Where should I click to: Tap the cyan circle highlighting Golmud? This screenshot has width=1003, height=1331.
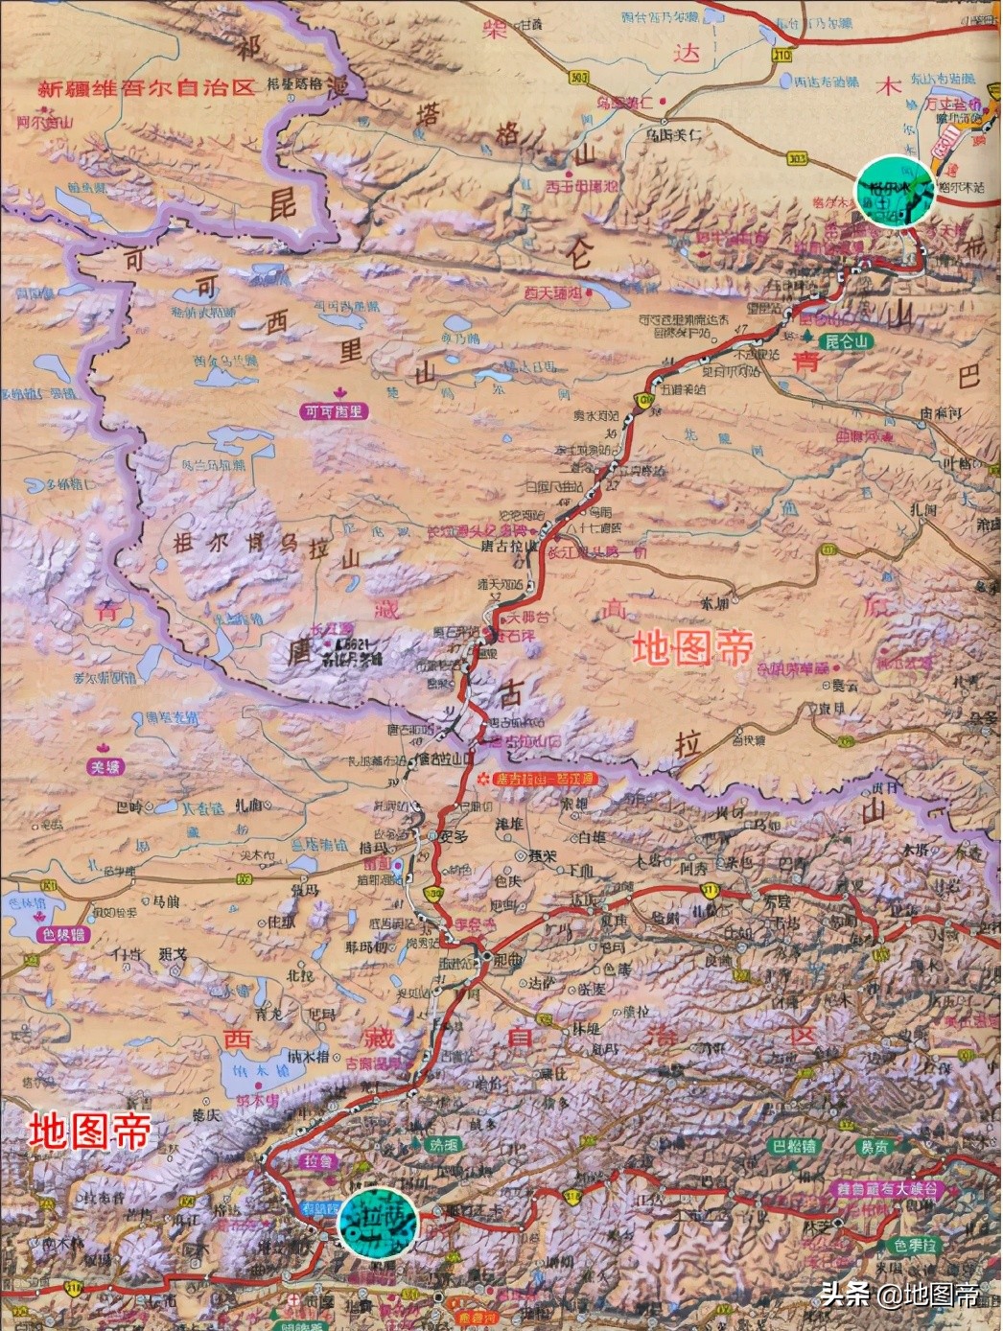(895, 190)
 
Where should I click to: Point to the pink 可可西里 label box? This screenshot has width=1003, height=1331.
(334, 411)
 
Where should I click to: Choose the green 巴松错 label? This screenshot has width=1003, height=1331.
(795, 1146)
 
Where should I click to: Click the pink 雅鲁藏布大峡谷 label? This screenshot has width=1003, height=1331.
(889, 1189)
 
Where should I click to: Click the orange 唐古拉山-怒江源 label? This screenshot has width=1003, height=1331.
(545, 780)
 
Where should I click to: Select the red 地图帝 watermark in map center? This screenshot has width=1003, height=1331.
(691, 649)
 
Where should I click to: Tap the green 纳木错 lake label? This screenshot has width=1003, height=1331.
(257, 1101)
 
